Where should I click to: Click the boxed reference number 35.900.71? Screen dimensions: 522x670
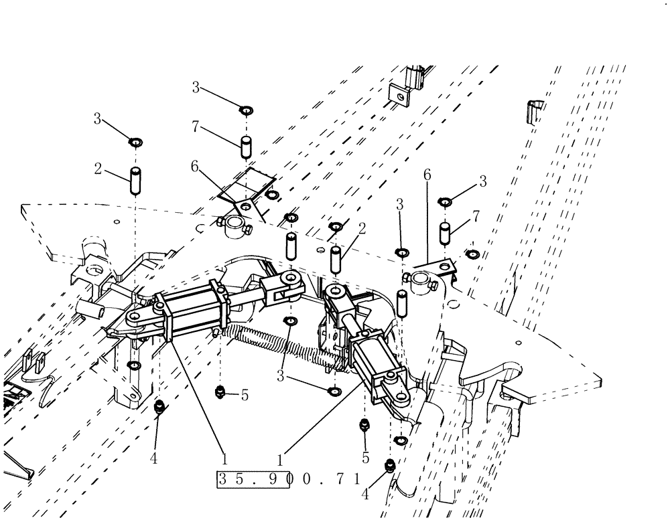coord(289,479)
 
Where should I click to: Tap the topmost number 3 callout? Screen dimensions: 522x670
coord(196,87)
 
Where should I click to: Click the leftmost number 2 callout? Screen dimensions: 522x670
coord(98,169)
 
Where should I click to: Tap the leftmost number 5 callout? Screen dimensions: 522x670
coord(245,396)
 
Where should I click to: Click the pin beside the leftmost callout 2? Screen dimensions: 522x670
coord(135,181)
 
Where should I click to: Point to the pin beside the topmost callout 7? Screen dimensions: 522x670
coord(246,145)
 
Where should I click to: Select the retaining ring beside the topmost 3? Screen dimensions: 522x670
coord(246,108)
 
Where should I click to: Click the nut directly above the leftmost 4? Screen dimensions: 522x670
coord(160,406)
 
